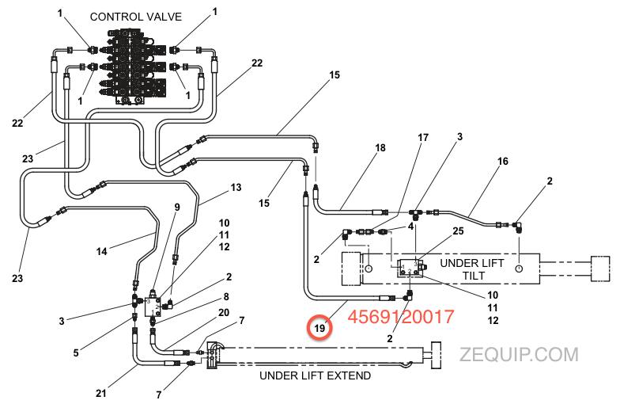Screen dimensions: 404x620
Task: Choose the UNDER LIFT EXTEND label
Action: pos(315,375)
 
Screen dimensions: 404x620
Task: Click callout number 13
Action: pos(236,189)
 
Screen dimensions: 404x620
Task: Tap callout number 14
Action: pos(101,252)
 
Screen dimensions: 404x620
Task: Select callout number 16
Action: pos(502,162)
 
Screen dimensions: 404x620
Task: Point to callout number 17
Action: pos(423,137)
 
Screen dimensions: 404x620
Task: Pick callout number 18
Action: pos(380,148)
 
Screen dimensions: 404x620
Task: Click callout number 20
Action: pos(224,312)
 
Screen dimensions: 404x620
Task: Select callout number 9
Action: pos(176,207)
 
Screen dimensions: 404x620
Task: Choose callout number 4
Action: pos(411,227)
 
